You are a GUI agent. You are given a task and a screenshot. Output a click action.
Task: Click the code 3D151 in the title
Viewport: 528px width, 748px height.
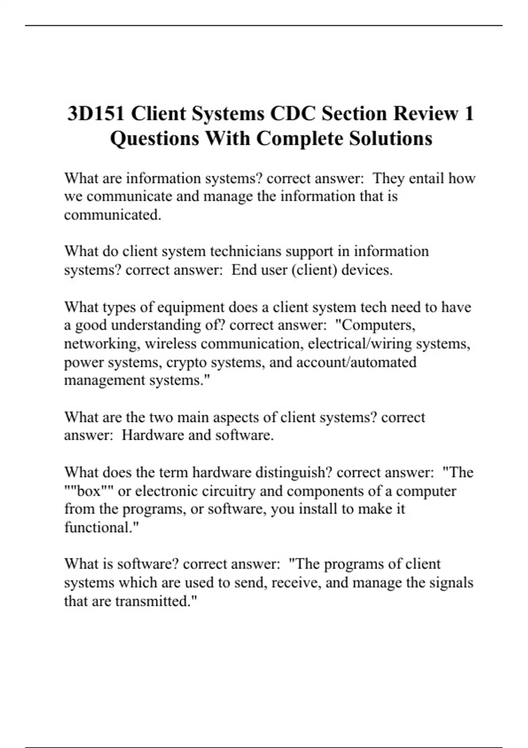pos(96,114)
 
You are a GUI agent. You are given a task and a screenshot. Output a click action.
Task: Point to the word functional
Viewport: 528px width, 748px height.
pos(100,527)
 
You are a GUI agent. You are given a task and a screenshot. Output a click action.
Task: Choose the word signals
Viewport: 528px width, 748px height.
pos(451,583)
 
